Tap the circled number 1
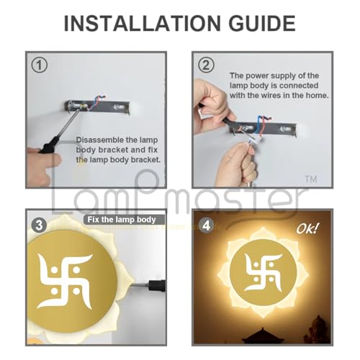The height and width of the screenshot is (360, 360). (x=40, y=66)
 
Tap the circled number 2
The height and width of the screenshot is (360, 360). (x=207, y=65)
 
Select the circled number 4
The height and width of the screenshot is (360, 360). (x=207, y=225)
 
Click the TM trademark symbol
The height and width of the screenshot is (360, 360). (x=311, y=178)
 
